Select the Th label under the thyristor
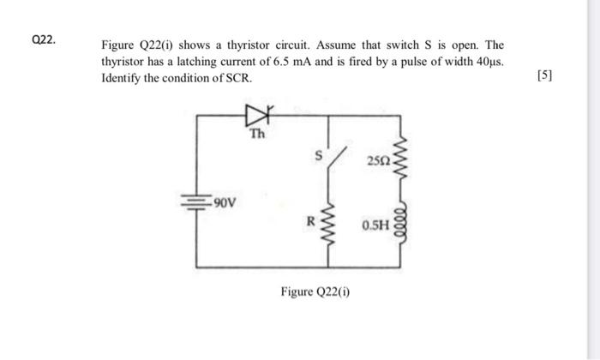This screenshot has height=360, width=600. (257, 134)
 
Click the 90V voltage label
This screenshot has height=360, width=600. (225, 203)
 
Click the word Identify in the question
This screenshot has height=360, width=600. (123, 76)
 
